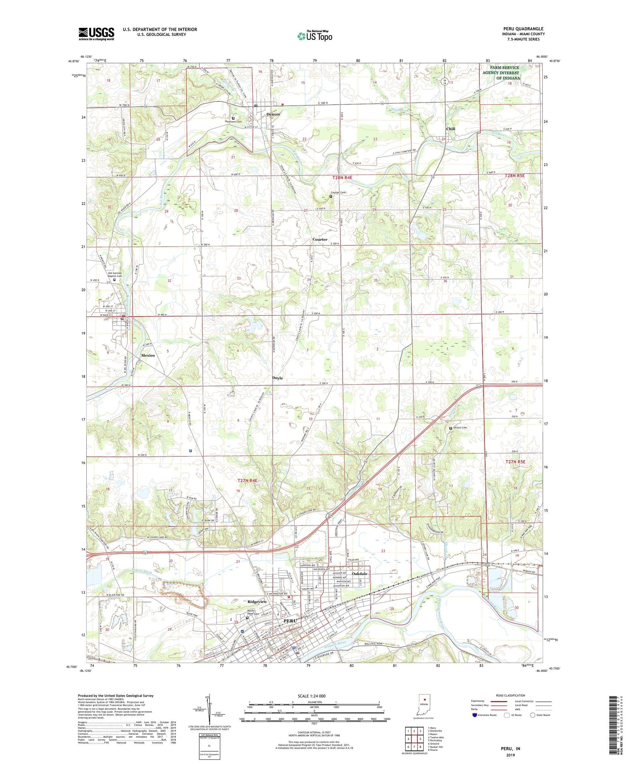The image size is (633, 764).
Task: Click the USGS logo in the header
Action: (96, 34)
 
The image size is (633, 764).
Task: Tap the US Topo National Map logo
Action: (315, 36)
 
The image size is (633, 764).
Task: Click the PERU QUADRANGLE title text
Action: (523, 29)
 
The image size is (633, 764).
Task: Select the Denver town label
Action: (273, 114)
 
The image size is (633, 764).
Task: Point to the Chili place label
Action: (450, 129)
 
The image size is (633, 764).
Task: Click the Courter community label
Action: (320, 239)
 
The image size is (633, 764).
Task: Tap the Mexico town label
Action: (148, 355)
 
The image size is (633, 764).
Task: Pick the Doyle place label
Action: (277, 378)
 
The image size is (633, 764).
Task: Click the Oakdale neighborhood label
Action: (360, 574)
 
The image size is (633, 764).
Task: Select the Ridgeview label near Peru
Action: (257, 602)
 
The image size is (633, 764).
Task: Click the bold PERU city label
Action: (290, 620)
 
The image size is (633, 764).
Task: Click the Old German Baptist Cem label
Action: (115, 274)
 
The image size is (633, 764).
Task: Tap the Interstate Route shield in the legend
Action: (475, 715)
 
